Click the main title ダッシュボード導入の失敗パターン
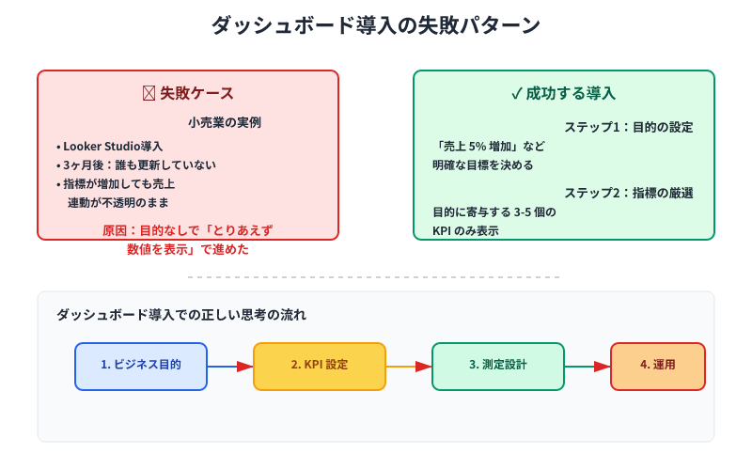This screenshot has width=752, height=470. click(x=376, y=26)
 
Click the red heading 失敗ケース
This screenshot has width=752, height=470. click(x=188, y=93)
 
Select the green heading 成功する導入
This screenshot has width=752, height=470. click(x=564, y=93)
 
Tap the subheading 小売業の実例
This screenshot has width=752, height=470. click(x=224, y=122)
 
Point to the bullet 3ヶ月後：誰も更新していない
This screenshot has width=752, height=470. click(x=138, y=165)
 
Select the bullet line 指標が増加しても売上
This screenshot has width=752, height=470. click(x=118, y=184)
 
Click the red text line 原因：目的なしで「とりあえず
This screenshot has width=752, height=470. click(x=188, y=230)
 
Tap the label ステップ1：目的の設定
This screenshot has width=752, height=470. click(x=628, y=127)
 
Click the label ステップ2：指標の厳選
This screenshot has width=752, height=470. click(x=628, y=193)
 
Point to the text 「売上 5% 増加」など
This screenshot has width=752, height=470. click(x=489, y=147)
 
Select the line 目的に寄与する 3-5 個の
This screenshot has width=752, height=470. click(x=493, y=212)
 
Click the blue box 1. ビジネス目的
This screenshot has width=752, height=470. click(x=141, y=366)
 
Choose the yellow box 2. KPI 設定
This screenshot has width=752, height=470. click(x=320, y=366)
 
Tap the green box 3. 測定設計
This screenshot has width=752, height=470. click(x=498, y=366)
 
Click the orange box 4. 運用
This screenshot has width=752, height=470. click(x=658, y=366)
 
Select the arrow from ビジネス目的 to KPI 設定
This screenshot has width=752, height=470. click(x=230, y=366)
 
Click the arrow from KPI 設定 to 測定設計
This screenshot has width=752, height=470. click(x=409, y=366)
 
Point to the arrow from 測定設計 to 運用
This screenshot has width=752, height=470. click(x=587, y=366)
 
